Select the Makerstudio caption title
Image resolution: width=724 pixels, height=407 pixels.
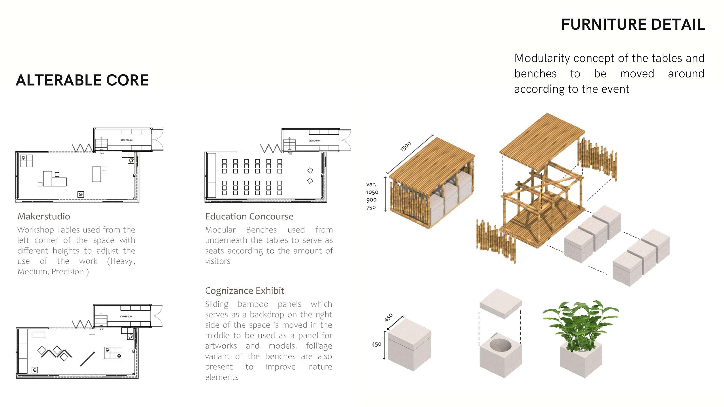coord(44,216)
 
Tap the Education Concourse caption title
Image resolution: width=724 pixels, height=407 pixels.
coord(249,216)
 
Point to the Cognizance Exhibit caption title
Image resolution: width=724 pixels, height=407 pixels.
coord(244,291)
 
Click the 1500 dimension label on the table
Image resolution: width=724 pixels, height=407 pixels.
coord(405,146)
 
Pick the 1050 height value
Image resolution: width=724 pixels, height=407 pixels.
coord(372,192)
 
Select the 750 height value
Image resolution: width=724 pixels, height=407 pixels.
coord(371,208)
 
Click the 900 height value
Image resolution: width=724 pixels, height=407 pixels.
coord(371,200)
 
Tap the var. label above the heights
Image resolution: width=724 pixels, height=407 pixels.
coord(371,184)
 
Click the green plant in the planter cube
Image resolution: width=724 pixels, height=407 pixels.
coord(580,323)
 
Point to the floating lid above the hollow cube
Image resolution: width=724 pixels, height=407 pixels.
coord(500,303)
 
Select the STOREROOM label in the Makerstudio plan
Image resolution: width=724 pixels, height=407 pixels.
coord(126,140)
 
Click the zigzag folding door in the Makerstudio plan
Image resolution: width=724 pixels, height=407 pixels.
coord(82,148)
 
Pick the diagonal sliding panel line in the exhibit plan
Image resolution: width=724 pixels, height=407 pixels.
coord(87,359)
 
